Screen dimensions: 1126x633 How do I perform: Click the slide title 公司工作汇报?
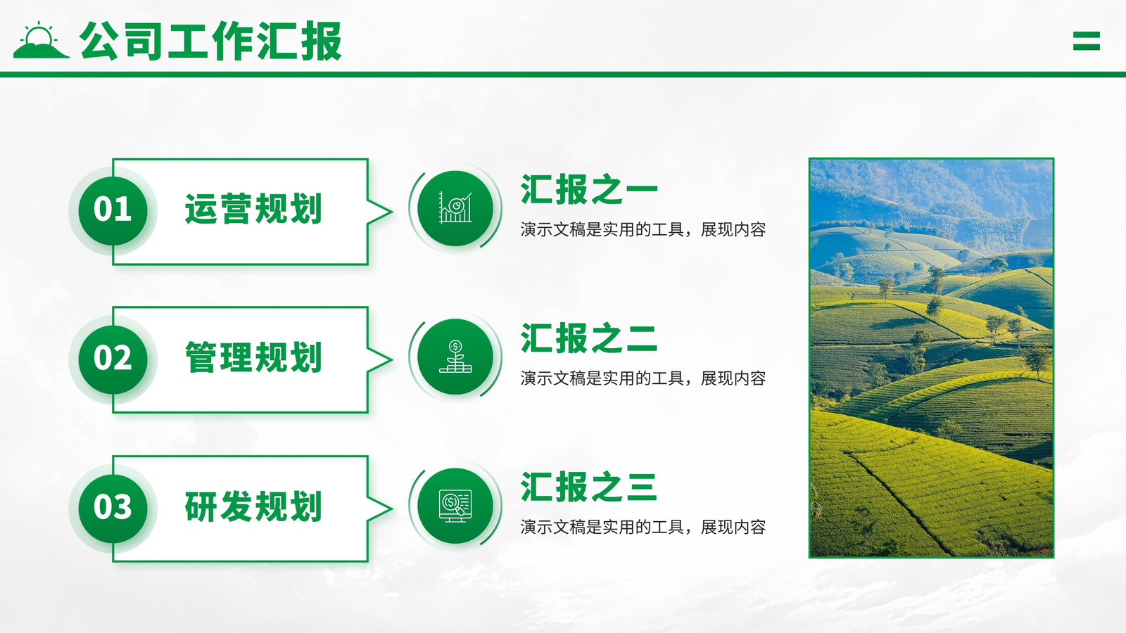210,41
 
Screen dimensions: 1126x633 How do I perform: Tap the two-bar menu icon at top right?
1087,41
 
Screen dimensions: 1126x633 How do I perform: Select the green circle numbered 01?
113,210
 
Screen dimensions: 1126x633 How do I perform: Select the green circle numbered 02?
113,359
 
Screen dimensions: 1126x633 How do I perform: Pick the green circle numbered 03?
113,508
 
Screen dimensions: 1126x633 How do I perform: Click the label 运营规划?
253,208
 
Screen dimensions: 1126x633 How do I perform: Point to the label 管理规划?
253,357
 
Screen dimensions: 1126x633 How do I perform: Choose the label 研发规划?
253,506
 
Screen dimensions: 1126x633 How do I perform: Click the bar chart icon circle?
455,208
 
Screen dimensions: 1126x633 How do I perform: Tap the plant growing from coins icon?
455,357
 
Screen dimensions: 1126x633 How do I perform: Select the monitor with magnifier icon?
455,506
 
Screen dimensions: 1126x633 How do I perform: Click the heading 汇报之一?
589,189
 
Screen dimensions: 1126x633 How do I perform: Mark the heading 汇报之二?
589,338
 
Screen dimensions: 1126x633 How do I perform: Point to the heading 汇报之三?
589,487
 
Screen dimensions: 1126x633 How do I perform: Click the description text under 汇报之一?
643,229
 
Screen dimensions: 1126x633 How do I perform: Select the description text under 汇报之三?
643,527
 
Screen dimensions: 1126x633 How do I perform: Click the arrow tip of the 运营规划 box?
392,212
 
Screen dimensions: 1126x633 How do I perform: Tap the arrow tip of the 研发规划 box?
392,509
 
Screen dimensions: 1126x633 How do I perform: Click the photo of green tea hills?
932,358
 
